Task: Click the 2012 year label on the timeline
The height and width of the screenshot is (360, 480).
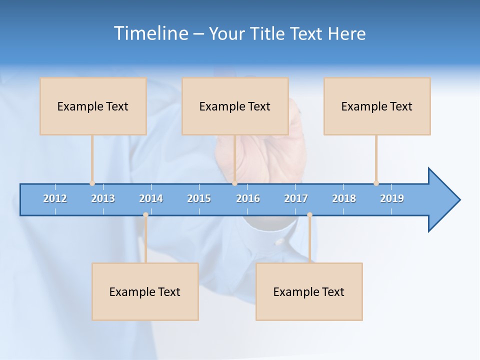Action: (x=55, y=198)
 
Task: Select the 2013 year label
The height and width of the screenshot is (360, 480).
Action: (x=103, y=198)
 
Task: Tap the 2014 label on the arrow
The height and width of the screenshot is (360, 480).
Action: (x=151, y=198)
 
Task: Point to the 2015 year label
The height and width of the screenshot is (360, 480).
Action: (x=199, y=198)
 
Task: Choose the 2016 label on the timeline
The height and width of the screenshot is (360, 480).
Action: (x=248, y=198)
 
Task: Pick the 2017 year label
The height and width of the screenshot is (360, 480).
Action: (x=296, y=198)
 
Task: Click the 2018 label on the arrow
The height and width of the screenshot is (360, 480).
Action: (x=344, y=198)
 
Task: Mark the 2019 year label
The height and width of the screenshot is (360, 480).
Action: (x=392, y=198)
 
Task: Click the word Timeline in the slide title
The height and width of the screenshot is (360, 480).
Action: (x=150, y=33)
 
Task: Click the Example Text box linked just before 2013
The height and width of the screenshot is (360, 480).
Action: (x=93, y=106)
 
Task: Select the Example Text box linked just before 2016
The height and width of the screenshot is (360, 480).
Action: (x=235, y=106)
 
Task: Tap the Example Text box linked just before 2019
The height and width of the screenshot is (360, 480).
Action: (x=377, y=106)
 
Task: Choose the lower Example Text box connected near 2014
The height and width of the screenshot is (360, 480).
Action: (x=145, y=291)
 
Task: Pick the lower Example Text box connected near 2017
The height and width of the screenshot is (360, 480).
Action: (x=309, y=291)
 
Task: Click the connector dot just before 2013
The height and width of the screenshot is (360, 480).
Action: (x=92, y=183)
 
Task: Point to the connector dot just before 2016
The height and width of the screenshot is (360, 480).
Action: (x=234, y=183)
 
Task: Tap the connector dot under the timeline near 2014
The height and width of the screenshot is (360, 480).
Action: (x=145, y=214)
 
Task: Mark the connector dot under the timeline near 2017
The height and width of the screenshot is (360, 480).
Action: (x=309, y=214)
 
